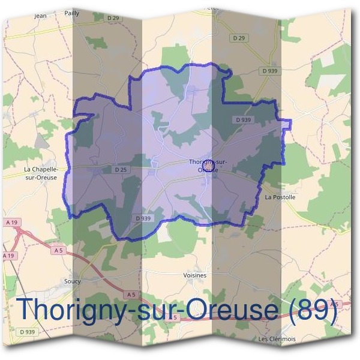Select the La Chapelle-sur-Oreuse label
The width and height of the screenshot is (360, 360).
(41, 173)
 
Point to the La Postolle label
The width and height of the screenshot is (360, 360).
(280, 197)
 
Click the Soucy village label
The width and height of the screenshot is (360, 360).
(72, 280)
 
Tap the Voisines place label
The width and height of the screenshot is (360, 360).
(194, 275)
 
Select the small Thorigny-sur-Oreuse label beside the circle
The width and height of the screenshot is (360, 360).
(203, 166)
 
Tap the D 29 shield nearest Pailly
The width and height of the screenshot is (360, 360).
(113, 19)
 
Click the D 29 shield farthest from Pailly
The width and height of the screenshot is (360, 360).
(239, 38)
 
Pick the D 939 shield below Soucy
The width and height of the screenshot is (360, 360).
(27, 332)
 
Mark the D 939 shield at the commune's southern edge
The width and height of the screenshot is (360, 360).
(143, 218)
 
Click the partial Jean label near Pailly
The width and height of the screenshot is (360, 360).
(41, 16)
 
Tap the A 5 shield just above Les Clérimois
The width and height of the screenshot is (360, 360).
(335, 305)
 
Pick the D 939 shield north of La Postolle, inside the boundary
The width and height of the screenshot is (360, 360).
(244, 120)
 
